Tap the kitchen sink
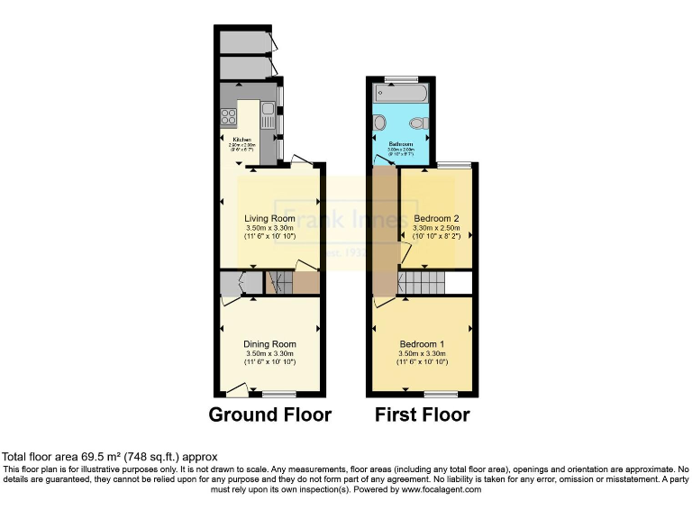268,114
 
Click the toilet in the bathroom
416,124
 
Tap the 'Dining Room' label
269,344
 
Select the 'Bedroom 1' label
422,344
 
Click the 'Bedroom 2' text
437,219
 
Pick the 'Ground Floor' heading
270,415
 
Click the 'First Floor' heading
422,415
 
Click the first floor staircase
422,284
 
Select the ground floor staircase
279,284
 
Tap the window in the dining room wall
280,394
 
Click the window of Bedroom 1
440,394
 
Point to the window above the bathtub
397,79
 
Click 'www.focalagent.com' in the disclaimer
438,489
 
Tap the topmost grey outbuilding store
243,41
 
